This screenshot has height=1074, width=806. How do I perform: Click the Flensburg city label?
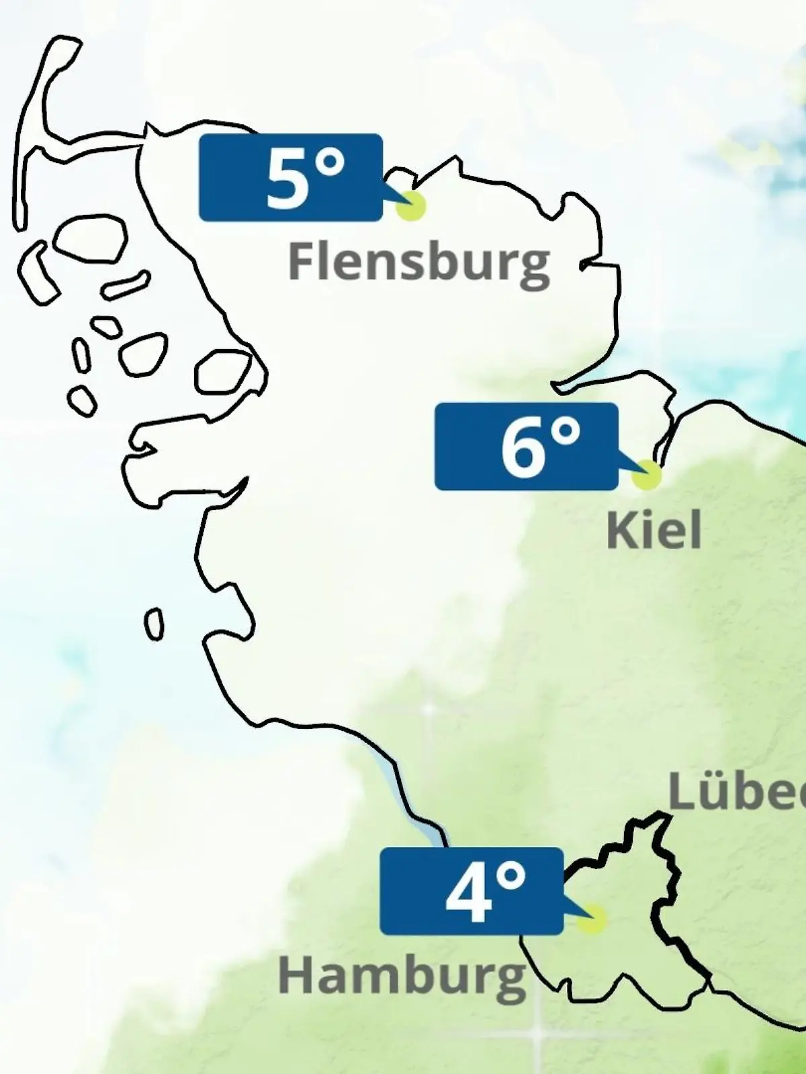point(418,262)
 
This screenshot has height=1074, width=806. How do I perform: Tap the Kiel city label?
point(654,530)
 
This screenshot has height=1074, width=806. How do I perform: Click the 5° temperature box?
point(290,177)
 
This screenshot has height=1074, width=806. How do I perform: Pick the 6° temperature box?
point(526,446)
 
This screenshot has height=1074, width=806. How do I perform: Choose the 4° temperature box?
point(471,891)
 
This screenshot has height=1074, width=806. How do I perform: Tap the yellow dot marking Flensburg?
point(411,206)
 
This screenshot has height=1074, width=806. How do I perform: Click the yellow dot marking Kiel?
point(647,475)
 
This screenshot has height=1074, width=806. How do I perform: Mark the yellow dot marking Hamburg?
point(592,920)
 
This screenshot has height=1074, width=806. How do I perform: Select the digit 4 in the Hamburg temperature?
point(468,893)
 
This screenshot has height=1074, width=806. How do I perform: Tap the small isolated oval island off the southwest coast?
point(154,624)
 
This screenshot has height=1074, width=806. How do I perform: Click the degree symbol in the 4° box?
point(512,876)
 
